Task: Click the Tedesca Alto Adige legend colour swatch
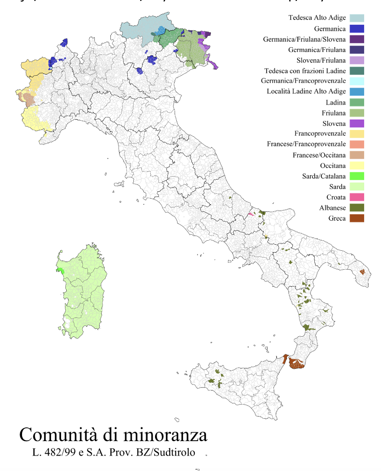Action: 357,18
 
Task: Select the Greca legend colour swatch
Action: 357,218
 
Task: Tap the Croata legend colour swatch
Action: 357,197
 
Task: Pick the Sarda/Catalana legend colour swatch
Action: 357,176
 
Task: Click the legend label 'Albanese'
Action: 333,208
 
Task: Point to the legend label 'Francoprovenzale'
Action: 320,134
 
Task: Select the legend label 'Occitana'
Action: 333,166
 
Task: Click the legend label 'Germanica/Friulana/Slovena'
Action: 304,39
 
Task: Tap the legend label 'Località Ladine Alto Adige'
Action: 306,92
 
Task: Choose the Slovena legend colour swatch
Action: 357,123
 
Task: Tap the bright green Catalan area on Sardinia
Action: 60,270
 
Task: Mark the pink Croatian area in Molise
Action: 251,214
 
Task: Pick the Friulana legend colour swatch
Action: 357,113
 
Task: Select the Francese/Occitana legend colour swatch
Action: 357,155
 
